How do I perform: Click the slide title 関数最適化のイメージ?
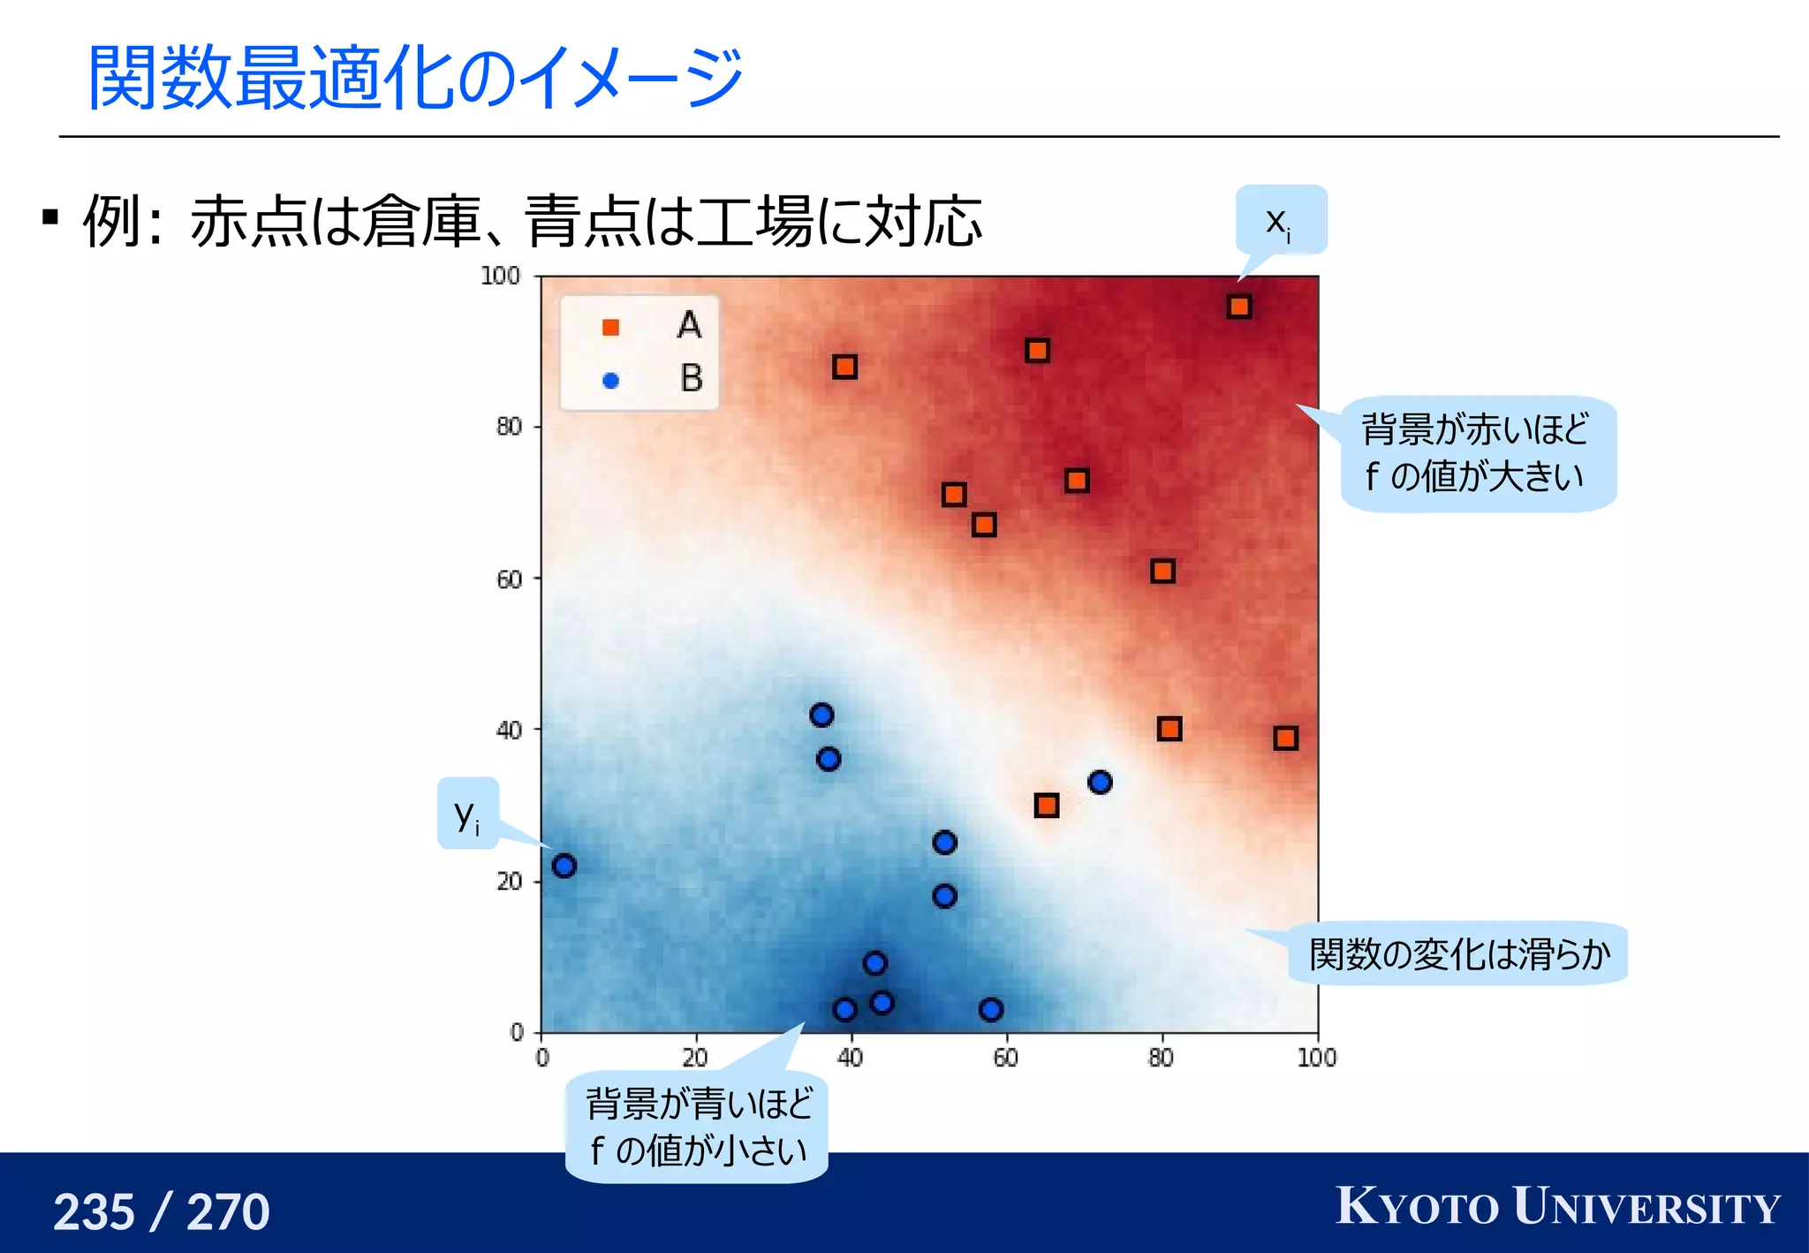tap(415, 78)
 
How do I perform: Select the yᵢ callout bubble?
tap(467, 814)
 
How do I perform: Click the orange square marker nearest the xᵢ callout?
tap(1238, 307)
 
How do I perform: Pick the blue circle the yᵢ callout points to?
tap(564, 866)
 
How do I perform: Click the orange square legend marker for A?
tap(610, 328)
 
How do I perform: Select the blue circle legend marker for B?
tap(610, 381)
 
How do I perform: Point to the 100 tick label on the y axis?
tap(500, 276)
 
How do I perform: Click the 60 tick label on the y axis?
tap(509, 580)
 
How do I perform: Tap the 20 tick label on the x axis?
tap(695, 1058)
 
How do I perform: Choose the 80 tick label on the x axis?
tap(1161, 1058)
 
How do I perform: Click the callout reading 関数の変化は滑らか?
tap(1458, 954)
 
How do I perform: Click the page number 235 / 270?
tap(162, 1211)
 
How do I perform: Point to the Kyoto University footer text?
tap(1558, 1207)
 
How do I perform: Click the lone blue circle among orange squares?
tap(1100, 782)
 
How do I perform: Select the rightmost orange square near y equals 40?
tap(1285, 738)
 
